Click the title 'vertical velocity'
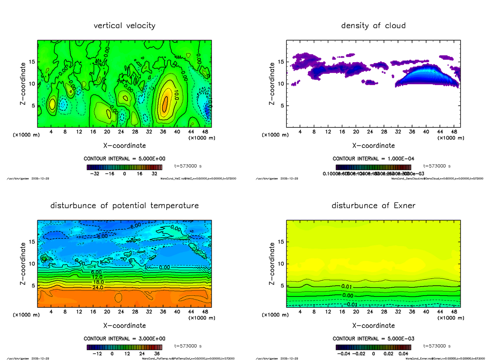coord(124,26)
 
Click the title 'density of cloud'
coord(373,26)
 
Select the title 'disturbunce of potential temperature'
coord(124,206)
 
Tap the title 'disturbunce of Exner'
coord(373,206)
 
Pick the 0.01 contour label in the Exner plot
coord(347,287)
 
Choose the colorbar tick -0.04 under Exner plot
coord(342,354)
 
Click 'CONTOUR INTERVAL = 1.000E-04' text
coord(373,159)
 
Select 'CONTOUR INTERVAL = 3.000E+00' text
coord(124,338)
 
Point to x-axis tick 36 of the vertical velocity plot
coord(163,132)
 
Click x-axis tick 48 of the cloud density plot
coord(454,132)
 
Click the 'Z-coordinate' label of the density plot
coord(272,84)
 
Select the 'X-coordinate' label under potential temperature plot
coord(124,326)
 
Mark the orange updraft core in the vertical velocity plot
coord(165,102)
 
